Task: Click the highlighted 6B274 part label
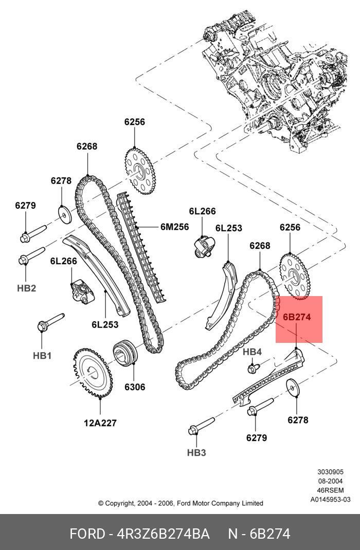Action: point(297,317)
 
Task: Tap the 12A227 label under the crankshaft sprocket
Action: point(100,423)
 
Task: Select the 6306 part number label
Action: point(133,387)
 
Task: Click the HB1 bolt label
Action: point(43,355)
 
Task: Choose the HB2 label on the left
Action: point(26,288)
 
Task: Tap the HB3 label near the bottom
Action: point(196,452)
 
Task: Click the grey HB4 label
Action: point(252,352)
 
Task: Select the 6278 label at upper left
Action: point(61,180)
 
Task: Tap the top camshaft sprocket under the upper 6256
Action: point(140,170)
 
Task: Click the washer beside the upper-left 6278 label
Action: point(63,212)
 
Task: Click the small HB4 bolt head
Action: point(253,368)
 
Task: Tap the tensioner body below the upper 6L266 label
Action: point(203,246)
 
